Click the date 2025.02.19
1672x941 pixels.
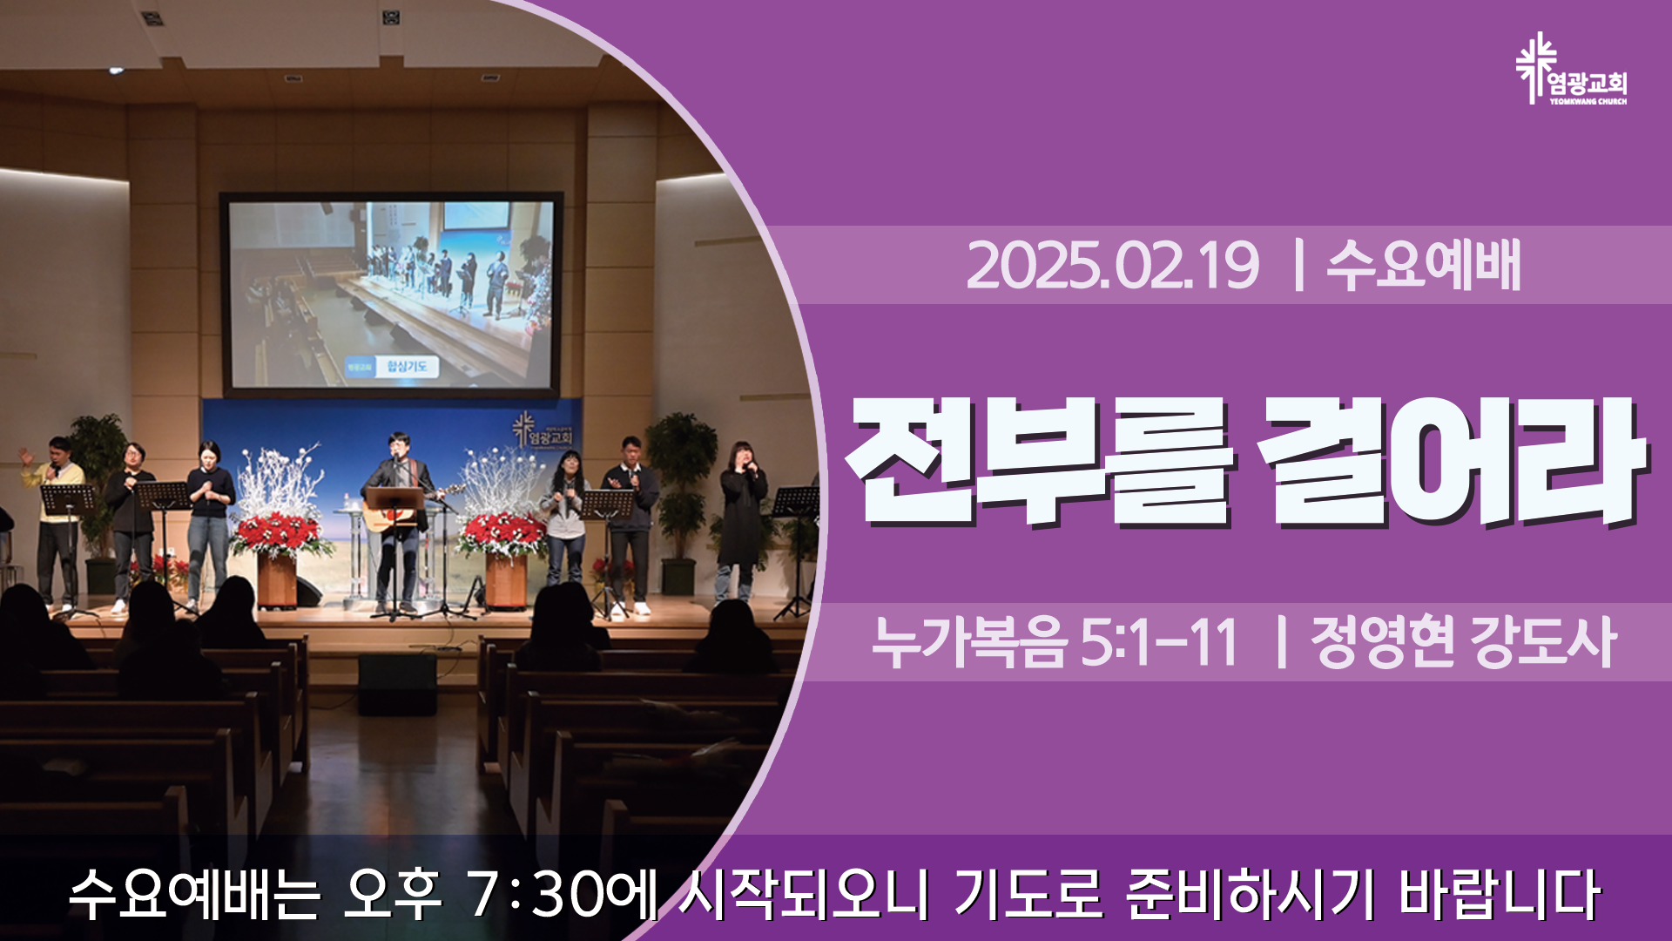click(x=1112, y=265)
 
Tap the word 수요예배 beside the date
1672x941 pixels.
click(x=1424, y=265)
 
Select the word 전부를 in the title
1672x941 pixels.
click(x=1042, y=462)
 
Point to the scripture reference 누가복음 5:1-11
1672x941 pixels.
click(x=1055, y=642)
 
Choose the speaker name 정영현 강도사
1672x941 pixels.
click(x=1464, y=642)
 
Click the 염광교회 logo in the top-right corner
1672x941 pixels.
click(x=1571, y=70)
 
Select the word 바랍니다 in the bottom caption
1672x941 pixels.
click(x=1500, y=894)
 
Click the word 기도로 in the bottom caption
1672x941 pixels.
click(x=1028, y=894)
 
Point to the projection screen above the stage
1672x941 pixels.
click(x=391, y=294)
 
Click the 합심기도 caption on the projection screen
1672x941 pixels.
click(x=408, y=367)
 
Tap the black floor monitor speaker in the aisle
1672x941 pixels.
click(x=397, y=683)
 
